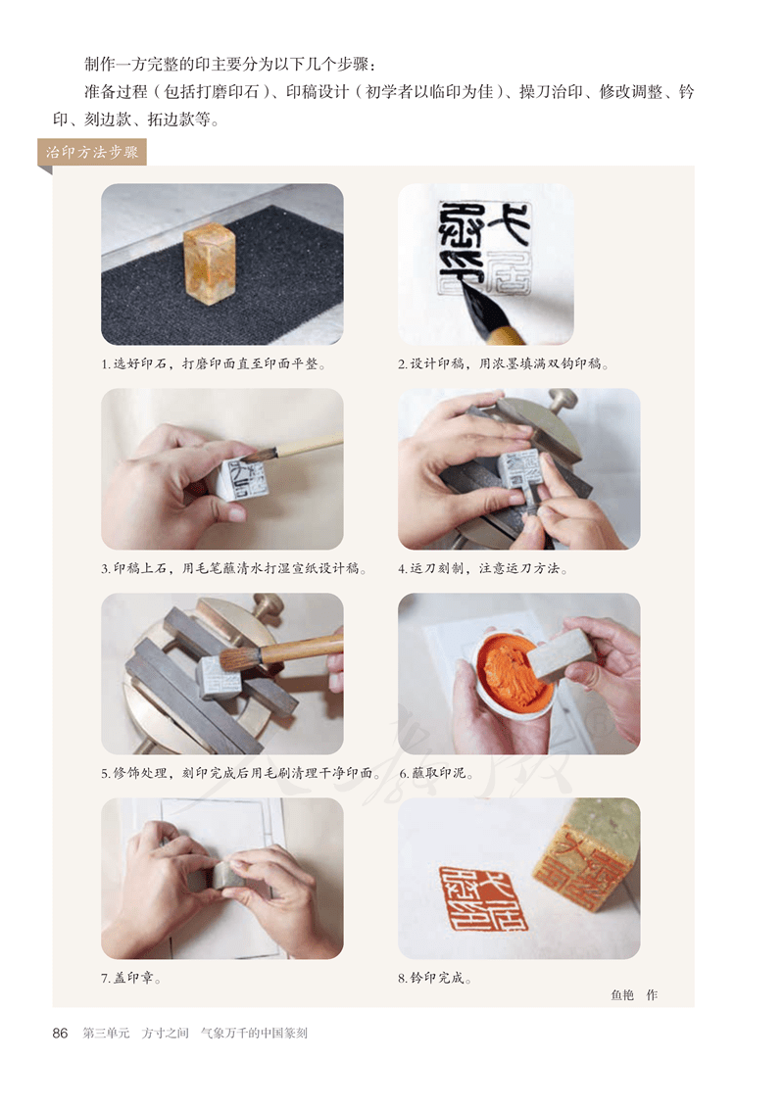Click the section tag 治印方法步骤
click(92, 152)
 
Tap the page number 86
click(60, 1034)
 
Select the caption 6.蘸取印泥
click(435, 773)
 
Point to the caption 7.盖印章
click(130, 978)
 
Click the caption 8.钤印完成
click(435, 978)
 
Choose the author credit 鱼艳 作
click(634, 995)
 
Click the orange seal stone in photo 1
click(211, 265)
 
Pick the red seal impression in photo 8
click(483, 897)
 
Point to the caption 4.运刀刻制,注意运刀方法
click(483, 568)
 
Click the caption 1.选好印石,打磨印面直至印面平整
click(214, 363)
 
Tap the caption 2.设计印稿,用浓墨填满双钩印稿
click(504, 363)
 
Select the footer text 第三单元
click(106, 1034)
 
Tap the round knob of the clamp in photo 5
click(268, 604)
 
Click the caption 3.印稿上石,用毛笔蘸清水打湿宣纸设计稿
click(234, 568)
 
